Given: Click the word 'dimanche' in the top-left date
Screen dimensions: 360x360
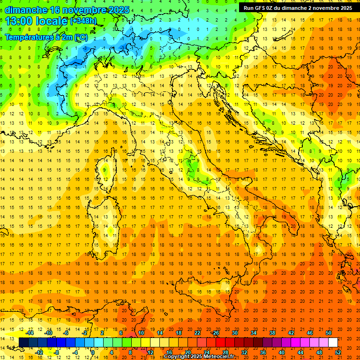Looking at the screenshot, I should pyautogui.click(x=23, y=10).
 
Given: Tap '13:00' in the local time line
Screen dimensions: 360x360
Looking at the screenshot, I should pyautogui.click(x=18, y=21).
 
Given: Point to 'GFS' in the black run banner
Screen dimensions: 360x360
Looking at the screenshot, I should pyautogui.click(x=261, y=8).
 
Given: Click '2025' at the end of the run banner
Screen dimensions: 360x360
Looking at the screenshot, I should pyautogui.click(x=345, y=8).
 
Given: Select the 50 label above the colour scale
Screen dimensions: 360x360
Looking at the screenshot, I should pyautogui.click(x=329, y=333).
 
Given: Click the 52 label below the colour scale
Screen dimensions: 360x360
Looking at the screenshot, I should pyautogui.click(x=338, y=352).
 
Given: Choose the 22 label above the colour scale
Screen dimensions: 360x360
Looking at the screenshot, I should pyautogui.click(x=198, y=333).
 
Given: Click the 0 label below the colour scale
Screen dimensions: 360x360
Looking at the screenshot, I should pyautogui.click(x=93, y=352).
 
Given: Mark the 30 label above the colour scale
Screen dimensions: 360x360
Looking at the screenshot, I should pyautogui.click(x=235, y=333).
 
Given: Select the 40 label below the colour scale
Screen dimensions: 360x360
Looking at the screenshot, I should pyautogui.click(x=282, y=352).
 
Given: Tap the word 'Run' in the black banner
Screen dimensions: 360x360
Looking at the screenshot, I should pyautogui.click(x=248, y=8).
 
